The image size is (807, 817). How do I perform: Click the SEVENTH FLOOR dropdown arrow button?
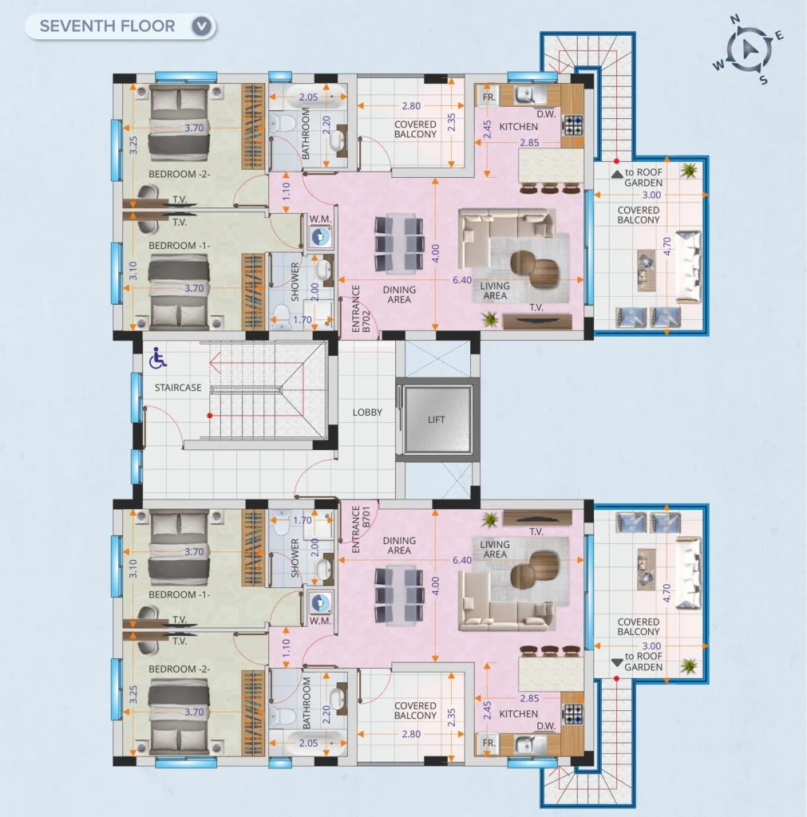[x=203, y=26]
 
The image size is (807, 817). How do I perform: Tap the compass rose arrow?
[x=750, y=49]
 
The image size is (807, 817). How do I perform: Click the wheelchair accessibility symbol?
[x=157, y=358]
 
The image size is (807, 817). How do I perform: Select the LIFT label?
[x=437, y=420]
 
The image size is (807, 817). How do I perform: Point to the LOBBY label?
[x=367, y=412]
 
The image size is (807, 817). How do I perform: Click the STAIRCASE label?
[x=178, y=388]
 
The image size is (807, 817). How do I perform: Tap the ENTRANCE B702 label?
[x=361, y=309]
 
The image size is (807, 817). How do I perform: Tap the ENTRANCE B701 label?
[x=361, y=530]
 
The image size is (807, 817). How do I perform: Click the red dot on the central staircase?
[x=210, y=415]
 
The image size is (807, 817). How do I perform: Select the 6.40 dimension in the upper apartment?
[x=462, y=280]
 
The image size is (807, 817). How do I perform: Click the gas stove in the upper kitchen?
[x=573, y=125]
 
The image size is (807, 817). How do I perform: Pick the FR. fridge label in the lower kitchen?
[x=489, y=743]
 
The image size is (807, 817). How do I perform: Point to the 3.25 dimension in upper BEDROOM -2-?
[x=133, y=145]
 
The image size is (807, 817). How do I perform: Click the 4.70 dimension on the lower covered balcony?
[x=667, y=593]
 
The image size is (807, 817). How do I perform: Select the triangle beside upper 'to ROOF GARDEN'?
[x=617, y=173]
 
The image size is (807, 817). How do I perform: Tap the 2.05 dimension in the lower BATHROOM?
[x=308, y=743]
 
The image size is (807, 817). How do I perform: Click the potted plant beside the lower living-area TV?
[x=489, y=519]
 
